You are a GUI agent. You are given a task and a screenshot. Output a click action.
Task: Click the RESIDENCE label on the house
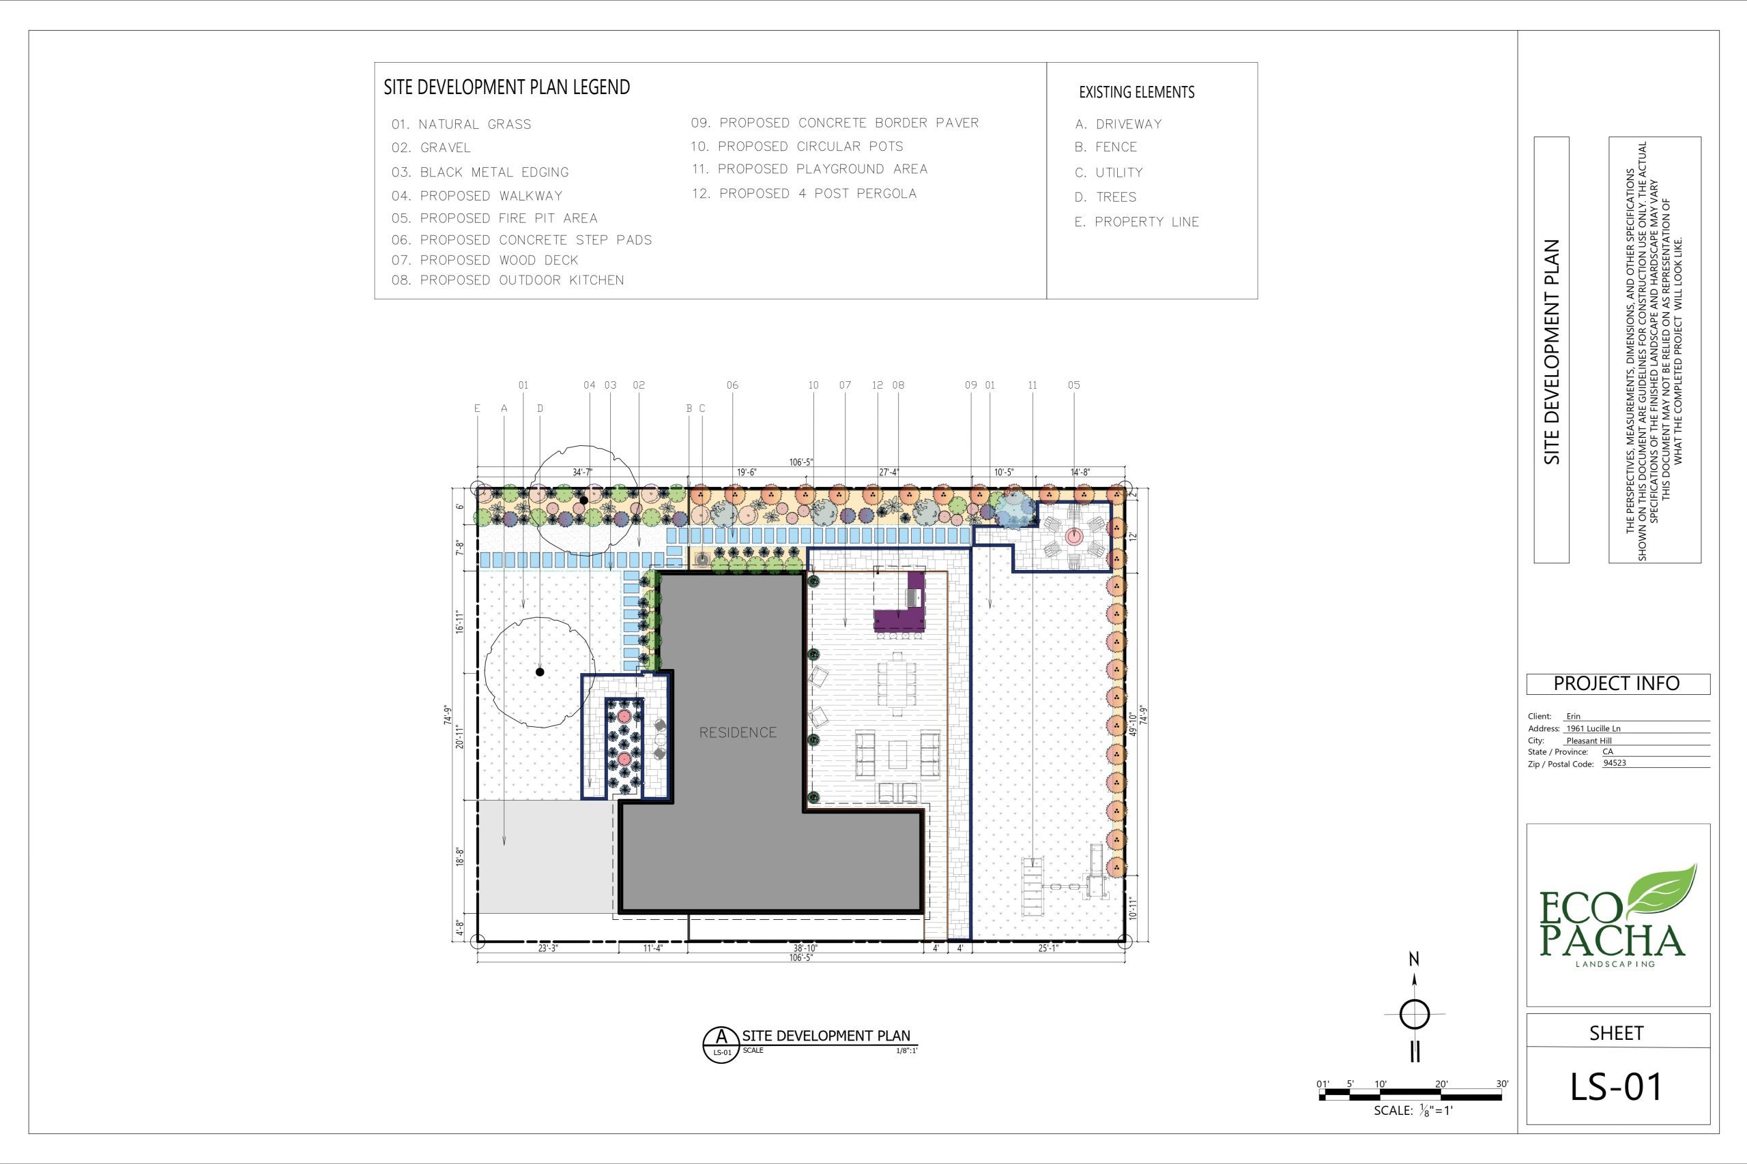[x=738, y=732]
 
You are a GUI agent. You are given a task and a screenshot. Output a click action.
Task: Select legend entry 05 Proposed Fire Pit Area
[x=495, y=218]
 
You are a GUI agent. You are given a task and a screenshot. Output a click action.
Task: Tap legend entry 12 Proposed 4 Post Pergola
[x=805, y=194]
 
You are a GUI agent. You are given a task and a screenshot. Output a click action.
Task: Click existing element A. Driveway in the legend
[x=1118, y=124]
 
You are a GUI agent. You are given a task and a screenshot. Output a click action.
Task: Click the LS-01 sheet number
[x=1616, y=1087]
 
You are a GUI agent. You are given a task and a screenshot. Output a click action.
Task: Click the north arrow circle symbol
[x=1414, y=1014]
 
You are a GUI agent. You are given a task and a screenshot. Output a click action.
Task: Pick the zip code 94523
[x=1615, y=763]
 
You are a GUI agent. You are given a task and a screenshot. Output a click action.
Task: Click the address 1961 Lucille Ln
[x=1593, y=728]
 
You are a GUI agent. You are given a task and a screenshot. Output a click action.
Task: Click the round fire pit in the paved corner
[x=1074, y=535]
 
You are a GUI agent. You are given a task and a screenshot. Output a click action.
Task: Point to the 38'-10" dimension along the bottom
[x=805, y=948]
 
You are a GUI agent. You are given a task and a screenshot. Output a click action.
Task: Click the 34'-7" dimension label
[x=583, y=472]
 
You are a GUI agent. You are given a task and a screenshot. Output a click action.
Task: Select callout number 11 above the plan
[x=1033, y=385]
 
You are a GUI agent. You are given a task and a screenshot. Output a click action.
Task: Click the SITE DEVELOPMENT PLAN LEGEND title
[x=506, y=87]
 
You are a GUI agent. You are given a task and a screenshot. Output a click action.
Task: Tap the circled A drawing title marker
[x=721, y=1045]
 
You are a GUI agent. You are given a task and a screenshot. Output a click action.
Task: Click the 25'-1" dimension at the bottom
[x=1048, y=948]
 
